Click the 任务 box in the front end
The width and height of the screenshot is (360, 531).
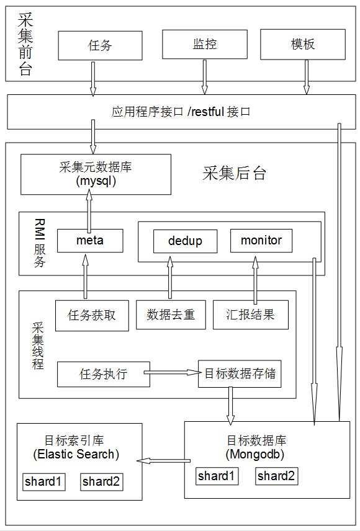coord(100,46)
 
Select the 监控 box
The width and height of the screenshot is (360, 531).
coord(205,45)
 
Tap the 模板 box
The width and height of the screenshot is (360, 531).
coord(303,45)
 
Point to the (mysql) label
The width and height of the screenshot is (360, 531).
coord(96,181)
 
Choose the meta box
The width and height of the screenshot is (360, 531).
coord(90,241)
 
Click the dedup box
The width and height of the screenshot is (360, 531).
coord(186,241)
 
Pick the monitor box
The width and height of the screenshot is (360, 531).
coord(261,241)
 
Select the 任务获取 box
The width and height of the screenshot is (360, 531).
coord(92,315)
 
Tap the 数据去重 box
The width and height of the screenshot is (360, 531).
coord(171,315)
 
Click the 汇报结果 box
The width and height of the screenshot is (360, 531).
coord(251,315)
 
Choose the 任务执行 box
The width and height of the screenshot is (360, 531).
coord(104,374)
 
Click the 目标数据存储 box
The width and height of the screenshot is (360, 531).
coord(240,373)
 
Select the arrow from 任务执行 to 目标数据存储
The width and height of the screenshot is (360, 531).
coord(172,373)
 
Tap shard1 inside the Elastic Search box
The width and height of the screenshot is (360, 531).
coord(43,481)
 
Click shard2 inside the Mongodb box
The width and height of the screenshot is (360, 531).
coord(277,476)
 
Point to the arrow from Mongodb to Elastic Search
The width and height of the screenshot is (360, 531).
coord(163,460)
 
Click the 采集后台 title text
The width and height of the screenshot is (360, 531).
coord(234,173)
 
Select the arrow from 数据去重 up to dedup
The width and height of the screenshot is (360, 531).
coord(170,278)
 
